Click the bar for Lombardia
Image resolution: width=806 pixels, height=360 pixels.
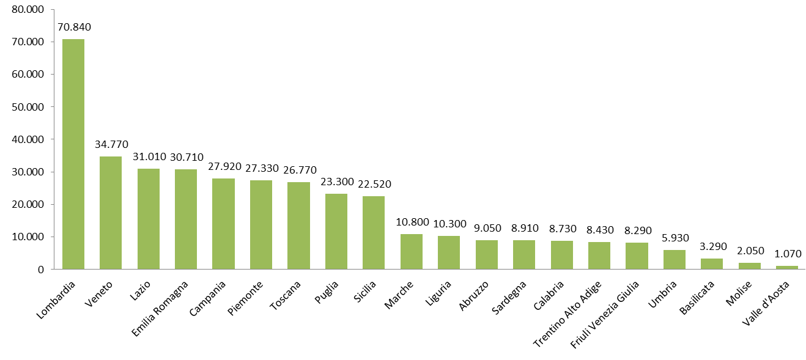[73, 154]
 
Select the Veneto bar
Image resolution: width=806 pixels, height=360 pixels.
[111, 213]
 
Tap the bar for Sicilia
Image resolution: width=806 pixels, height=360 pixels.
[374, 233]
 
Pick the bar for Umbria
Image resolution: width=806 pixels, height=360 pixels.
[675, 260]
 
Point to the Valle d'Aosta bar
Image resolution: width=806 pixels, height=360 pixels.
[787, 267]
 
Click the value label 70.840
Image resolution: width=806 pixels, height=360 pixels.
[73, 27]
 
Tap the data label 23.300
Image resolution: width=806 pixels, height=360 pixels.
[336, 182]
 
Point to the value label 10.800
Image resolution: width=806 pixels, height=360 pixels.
[412, 222]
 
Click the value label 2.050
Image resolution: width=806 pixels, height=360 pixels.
[750, 251]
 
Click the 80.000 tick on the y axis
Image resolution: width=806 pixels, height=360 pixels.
[28, 10]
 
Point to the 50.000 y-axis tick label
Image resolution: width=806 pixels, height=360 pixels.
[28, 107]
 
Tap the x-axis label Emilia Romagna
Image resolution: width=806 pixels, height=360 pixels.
[161, 306]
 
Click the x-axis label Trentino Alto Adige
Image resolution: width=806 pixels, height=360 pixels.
[568, 313]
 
